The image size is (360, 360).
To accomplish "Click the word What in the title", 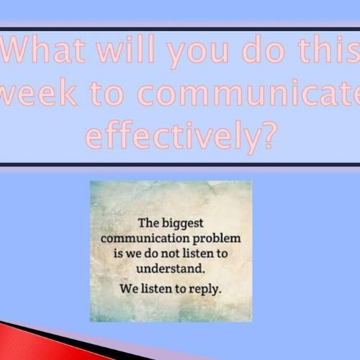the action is point(43,49).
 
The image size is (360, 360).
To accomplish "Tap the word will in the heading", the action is point(125,49).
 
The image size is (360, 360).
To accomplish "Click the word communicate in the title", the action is point(248,93).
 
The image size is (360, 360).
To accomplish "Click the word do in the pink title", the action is point(264,50).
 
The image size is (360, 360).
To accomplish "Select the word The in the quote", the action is point(148,223).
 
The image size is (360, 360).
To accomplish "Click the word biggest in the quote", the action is point(183,224).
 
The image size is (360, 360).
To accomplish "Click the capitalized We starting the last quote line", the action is point(129,289).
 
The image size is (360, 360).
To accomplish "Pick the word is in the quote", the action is point(118,253).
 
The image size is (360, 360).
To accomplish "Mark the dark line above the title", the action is point(180,30).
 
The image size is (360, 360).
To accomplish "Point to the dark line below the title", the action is point(180,165).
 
